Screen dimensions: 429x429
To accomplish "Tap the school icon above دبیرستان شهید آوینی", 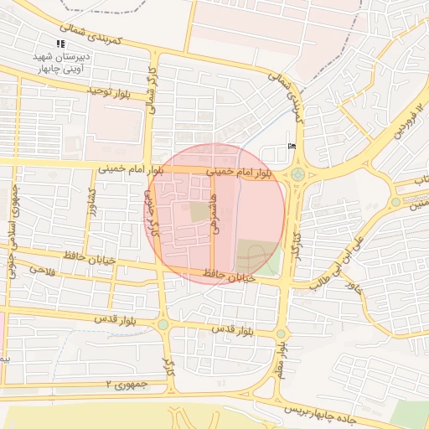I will [x=59, y=43].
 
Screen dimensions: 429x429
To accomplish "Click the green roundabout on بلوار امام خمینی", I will [x=297, y=174].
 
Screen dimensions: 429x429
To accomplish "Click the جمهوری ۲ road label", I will [x=126, y=384].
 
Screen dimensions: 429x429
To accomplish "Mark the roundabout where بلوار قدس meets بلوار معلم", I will [x=281, y=333].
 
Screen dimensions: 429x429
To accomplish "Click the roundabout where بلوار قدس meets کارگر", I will [x=163, y=325].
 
